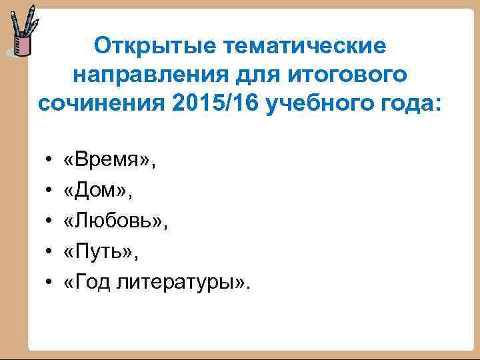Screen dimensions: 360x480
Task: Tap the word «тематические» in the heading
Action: coord(299,47)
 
